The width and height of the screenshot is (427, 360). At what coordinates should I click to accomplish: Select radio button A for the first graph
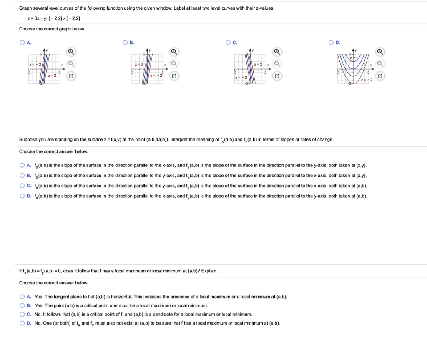(x=22, y=43)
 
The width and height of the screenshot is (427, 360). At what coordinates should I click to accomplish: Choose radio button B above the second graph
(x=125, y=43)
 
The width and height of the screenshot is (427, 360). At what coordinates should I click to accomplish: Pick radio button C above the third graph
(x=228, y=43)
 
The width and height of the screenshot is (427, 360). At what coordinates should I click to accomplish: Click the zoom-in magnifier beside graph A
(x=71, y=52)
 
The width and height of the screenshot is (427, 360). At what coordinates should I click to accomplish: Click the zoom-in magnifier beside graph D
(x=380, y=52)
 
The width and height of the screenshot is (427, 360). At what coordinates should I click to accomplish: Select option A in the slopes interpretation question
(x=22, y=165)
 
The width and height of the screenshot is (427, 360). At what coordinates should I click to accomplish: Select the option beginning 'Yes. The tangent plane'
(x=22, y=297)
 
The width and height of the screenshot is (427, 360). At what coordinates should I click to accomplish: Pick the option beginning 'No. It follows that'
(x=22, y=314)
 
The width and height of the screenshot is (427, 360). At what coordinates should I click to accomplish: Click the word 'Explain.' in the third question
(x=209, y=271)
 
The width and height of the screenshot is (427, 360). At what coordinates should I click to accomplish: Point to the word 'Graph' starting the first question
(x=25, y=8)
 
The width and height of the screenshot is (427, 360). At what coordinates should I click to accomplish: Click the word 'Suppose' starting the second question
(x=28, y=139)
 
